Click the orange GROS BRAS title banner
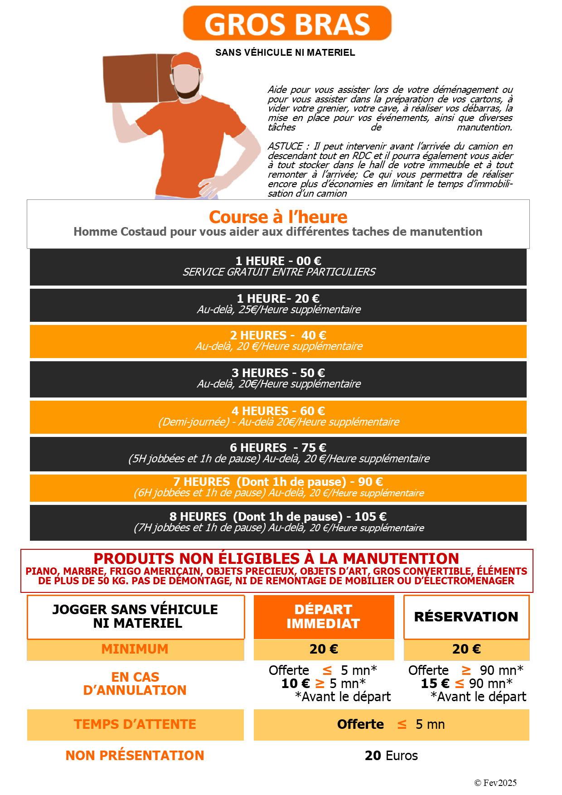tap(287, 24)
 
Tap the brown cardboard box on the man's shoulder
tap(136, 78)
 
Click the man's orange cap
tap(187, 61)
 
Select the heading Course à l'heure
tap(278, 217)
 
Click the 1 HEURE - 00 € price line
tap(278, 261)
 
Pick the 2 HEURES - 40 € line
tap(278, 335)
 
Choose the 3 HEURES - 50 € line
tap(278, 373)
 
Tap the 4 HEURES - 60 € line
tap(278, 411)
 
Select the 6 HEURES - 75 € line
tap(278, 448)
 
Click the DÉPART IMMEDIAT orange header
tap(324, 616)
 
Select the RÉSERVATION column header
tap(466, 617)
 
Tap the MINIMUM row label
tap(135, 649)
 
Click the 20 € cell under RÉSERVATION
tap(466, 649)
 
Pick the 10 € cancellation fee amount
tap(296, 684)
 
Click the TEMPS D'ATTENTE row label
tap(135, 724)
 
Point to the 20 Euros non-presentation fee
tap(391, 756)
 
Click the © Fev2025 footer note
tap(495, 783)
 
